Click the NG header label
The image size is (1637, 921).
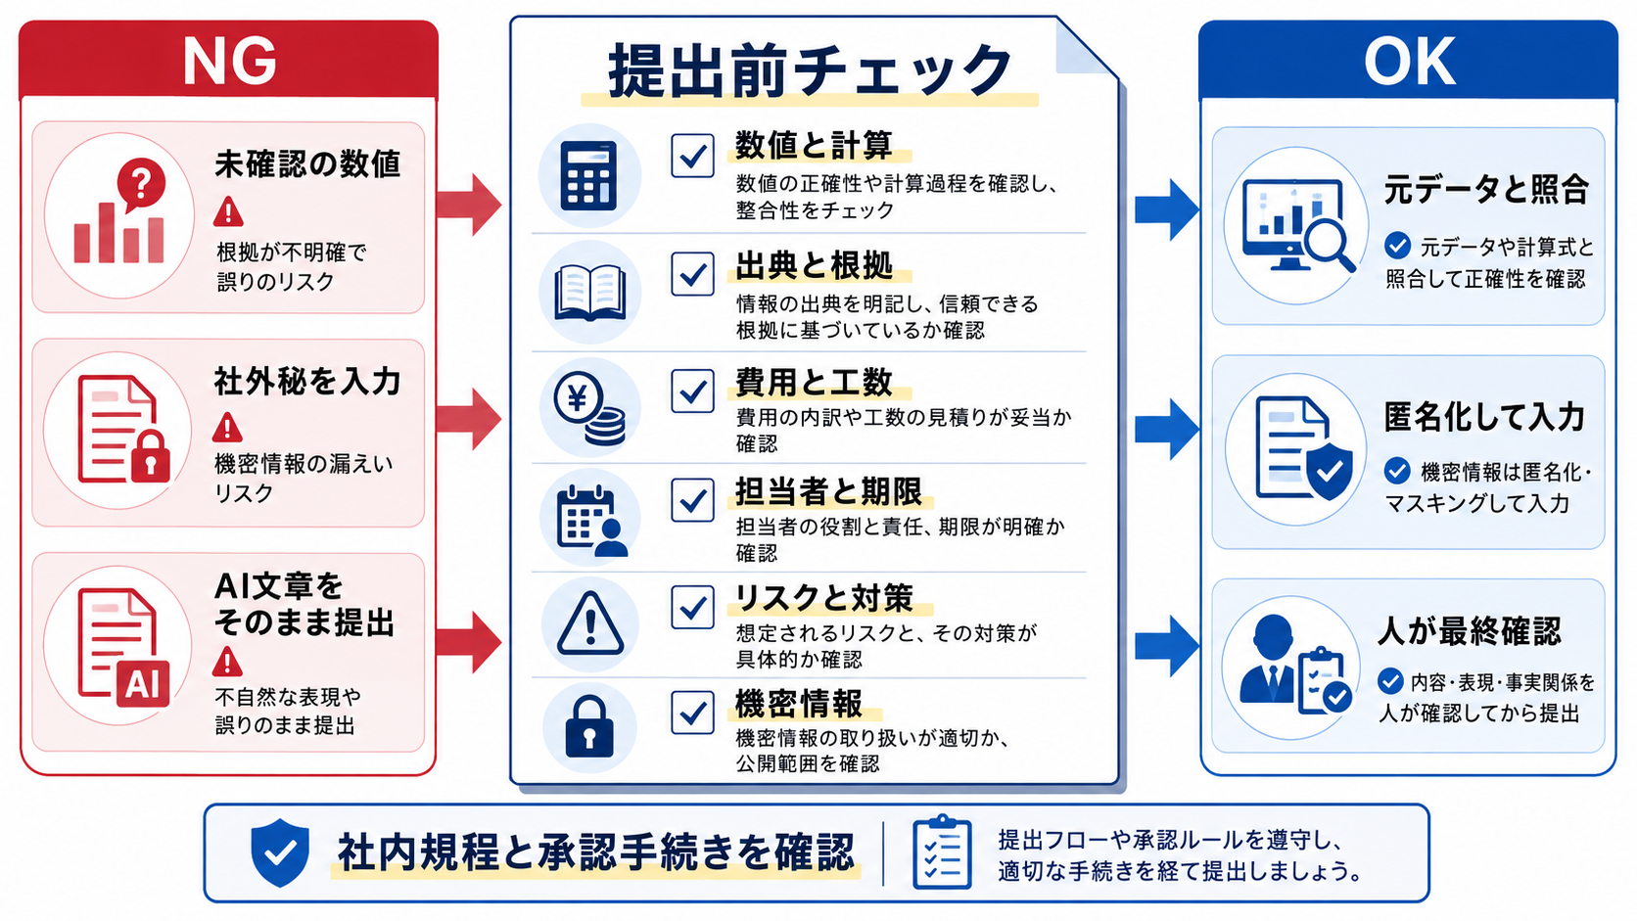click(229, 62)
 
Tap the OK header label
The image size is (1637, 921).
click(1409, 62)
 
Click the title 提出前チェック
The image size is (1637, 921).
click(811, 70)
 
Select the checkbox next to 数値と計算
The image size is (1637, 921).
click(692, 155)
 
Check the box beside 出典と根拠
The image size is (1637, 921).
click(692, 274)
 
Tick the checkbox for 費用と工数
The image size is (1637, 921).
click(692, 391)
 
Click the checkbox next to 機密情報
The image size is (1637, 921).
click(692, 713)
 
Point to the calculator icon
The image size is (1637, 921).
click(588, 175)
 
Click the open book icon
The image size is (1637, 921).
click(589, 293)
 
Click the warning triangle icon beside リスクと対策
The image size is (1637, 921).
click(589, 623)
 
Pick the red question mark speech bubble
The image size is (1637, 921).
click(141, 184)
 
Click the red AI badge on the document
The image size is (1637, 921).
click(143, 684)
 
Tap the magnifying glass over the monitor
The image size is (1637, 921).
click(1330, 245)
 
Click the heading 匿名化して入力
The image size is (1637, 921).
click(1484, 417)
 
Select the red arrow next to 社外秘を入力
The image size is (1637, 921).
click(468, 419)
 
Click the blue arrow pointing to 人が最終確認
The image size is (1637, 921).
click(1167, 646)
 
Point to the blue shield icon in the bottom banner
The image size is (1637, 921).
click(280, 852)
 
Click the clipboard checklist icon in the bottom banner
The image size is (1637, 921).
click(942, 852)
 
